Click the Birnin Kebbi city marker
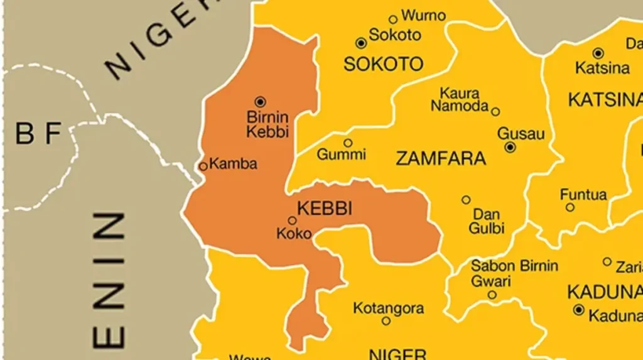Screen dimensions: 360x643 tap(260, 101)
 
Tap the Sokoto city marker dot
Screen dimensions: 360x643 tap(360, 43)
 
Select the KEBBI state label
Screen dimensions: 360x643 tap(324, 209)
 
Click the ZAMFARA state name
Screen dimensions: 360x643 tap(440, 158)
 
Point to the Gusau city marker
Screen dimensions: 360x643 tap(510, 147)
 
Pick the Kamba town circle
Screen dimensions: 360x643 tap(203, 166)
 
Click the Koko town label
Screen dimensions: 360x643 tap(294, 234)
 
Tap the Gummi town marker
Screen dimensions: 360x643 tap(347, 143)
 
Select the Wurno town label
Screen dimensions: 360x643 tap(423, 15)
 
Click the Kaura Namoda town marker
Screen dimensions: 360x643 tap(495, 112)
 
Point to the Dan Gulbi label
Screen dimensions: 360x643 tap(487, 221)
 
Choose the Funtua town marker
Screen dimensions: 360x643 tap(570, 207)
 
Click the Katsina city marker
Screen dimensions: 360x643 tap(598, 53)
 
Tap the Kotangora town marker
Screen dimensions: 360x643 tap(386, 320)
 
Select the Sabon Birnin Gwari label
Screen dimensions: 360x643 tap(514, 273)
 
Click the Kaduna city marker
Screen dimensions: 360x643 tap(578, 310)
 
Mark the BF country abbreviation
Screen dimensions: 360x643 tap(38, 134)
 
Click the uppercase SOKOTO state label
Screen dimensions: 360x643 tap(383, 64)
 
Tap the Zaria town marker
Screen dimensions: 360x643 tap(607, 261)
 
